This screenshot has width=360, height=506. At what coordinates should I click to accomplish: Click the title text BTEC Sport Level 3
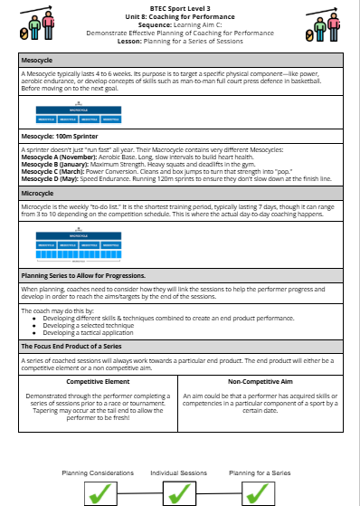(x=180, y=8)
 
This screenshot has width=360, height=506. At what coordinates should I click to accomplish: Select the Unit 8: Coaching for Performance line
(x=180, y=15)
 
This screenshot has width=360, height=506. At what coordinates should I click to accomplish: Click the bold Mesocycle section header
(x=37, y=60)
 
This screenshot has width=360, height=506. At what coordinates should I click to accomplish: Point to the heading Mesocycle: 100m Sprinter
(x=60, y=136)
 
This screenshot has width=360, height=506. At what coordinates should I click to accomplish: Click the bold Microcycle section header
(x=37, y=193)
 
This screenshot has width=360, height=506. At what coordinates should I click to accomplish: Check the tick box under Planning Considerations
(x=101, y=492)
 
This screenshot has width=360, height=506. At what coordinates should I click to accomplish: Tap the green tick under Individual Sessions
(x=179, y=492)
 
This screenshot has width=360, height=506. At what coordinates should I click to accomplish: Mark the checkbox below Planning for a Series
(x=259, y=492)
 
